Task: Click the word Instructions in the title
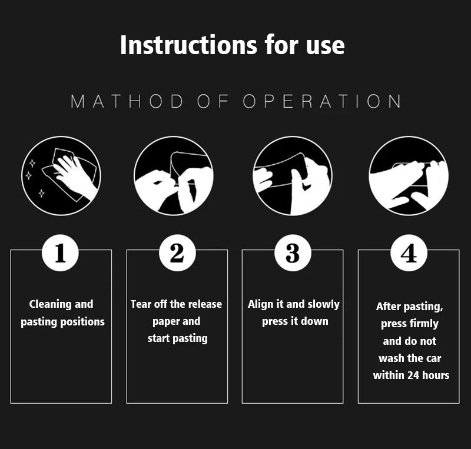coord(188,45)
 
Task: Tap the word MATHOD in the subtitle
coord(127,101)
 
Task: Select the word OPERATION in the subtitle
coord(321,101)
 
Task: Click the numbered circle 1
coord(60,253)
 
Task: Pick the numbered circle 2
coord(177,253)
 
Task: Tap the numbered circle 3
coord(293,253)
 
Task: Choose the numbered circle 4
coord(409,253)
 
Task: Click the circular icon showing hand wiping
coord(61,176)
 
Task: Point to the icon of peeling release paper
coord(174,176)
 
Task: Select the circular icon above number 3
coord(293,176)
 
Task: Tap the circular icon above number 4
coord(409,176)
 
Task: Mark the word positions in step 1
coord(82,322)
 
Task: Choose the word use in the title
coord(326,46)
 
